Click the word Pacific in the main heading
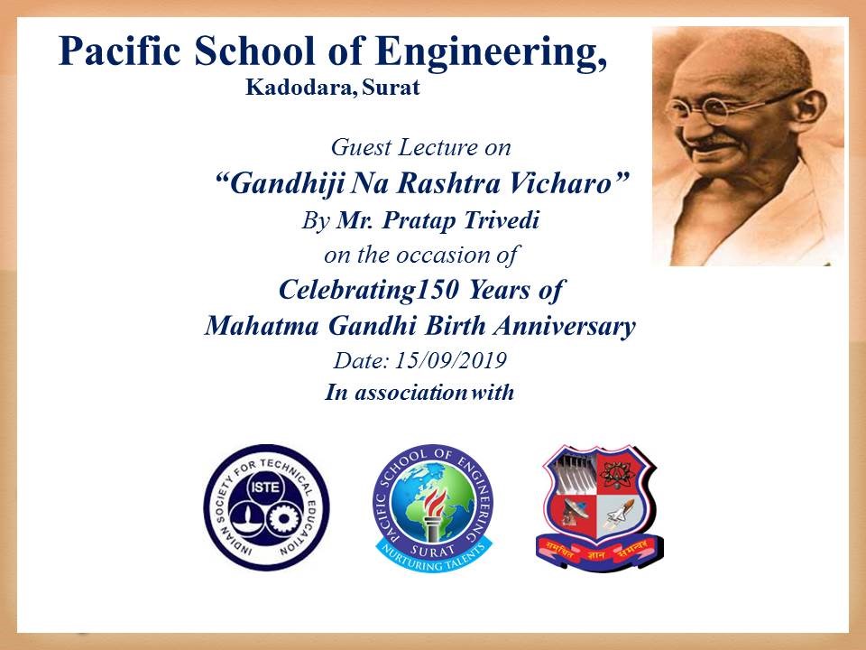click(x=120, y=51)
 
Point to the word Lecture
click(x=438, y=147)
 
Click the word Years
click(x=499, y=290)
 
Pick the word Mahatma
click(x=262, y=326)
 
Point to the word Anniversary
click(x=565, y=327)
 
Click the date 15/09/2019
click(x=451, y=360)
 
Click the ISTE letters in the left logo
click(x=265, y=487)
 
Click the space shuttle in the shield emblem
click(x=619, y=514)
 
